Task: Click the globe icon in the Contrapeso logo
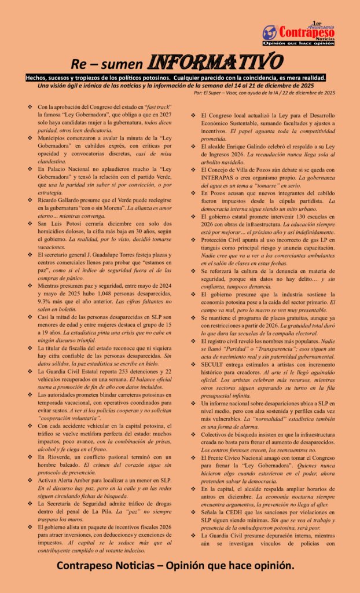(270, 32)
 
